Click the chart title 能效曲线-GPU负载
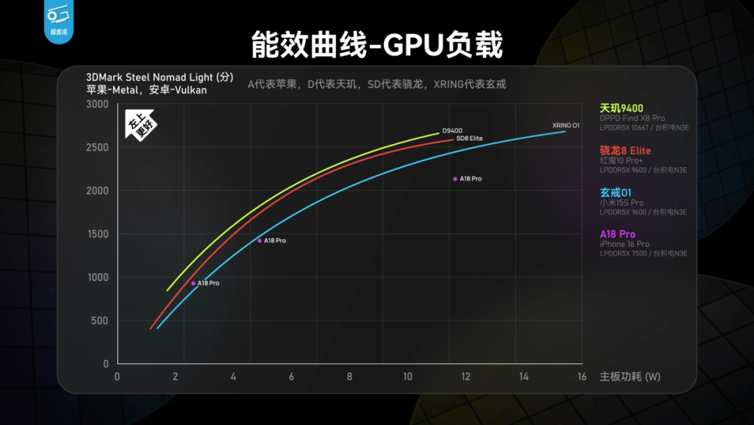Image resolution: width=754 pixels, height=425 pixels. tap(377, 45)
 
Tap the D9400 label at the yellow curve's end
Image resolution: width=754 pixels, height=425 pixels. tap(452, 131)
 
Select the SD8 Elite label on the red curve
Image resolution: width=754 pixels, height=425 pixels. tap(469, 138)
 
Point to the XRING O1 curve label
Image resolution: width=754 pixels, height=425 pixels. tap(566, 126)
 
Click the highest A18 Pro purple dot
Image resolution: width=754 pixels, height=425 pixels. tap(455, 179)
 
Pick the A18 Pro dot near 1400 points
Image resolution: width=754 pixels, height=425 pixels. tap(260, 240)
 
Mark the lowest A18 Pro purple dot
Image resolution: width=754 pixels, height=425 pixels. tap(193, 283)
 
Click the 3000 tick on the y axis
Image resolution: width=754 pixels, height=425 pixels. tap(97, 104)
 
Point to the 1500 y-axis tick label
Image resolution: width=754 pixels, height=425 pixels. tap(97, 234)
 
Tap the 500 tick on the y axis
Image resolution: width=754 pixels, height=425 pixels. tap(101, 321)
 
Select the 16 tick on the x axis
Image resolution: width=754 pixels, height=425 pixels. tap(581, 376)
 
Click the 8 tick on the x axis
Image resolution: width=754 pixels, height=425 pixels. tap(349, 376)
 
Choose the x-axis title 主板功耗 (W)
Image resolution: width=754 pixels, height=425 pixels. tap(630, 376)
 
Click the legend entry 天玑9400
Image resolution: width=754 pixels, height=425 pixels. tap(621, 108)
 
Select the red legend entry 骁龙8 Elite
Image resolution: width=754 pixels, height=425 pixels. tap(625, 150)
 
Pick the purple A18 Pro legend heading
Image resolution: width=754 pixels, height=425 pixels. tap(617, 234)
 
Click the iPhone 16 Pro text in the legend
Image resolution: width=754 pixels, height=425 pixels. tap(624, 244)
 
